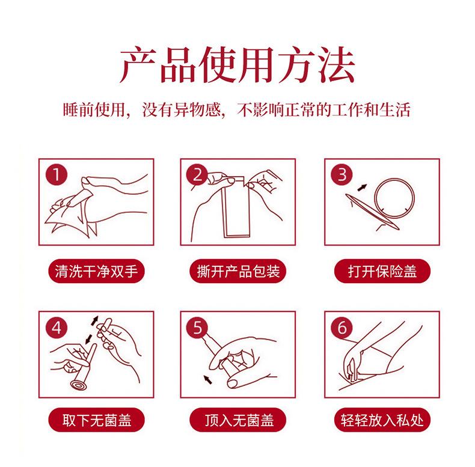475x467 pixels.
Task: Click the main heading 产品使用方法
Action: click(x=237, y=64)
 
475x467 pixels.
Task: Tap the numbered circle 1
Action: click(x=57, y=174)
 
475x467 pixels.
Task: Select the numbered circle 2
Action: click(x=197, y=174)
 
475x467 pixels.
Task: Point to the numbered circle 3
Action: click(x=342, y=174)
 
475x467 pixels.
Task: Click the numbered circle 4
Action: click(x=57, y=328)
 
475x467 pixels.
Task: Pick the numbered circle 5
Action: click(x=197, y=328)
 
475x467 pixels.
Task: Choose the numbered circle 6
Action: click(x=342, y=328)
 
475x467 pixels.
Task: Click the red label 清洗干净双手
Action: click(x=96, y=270)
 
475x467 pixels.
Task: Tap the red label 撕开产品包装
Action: click(x=238, y=270)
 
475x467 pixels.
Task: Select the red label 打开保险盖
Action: click(x=382, y=270)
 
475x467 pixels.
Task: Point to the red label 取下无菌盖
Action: click(x=96, y=420)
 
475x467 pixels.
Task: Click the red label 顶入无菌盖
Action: click(x=238, y=420)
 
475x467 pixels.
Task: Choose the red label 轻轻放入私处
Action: click(x=382, y=420)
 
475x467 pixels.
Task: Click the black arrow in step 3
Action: click(x=362, y=188)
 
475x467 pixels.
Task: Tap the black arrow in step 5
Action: click(x=207, y=379)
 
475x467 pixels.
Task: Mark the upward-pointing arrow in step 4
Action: click(x=94, y=321)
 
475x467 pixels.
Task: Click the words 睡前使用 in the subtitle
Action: click(x=94, y=109)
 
